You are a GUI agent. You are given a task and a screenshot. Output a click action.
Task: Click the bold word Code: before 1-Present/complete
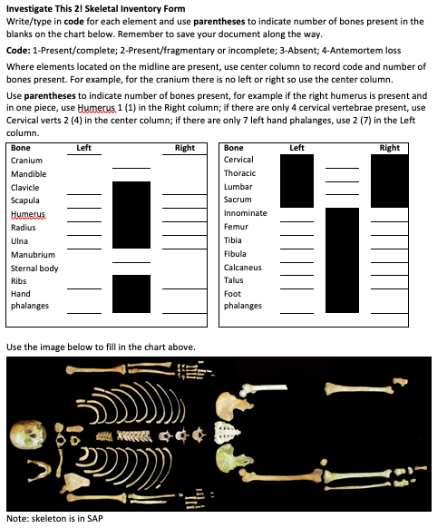18,51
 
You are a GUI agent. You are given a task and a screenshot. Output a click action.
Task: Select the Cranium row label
26,160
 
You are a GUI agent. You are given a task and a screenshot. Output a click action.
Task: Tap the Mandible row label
28,173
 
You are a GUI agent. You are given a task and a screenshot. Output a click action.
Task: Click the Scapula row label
25,200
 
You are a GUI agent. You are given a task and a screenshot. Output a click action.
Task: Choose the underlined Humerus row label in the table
27,213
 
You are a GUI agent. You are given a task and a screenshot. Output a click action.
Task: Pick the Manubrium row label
33,255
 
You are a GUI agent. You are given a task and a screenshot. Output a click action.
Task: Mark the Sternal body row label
34,269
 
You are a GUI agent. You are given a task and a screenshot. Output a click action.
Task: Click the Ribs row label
19,281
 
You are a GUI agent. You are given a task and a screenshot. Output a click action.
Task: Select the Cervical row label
238,160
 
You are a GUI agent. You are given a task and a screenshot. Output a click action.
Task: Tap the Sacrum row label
238,200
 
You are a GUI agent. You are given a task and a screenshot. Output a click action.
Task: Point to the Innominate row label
245,213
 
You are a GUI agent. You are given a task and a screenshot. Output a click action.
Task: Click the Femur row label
236,227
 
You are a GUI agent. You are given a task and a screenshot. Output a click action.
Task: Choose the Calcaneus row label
242,268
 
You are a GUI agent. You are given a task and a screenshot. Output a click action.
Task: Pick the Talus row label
233,281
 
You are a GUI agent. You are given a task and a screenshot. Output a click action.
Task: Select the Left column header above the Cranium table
83,147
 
